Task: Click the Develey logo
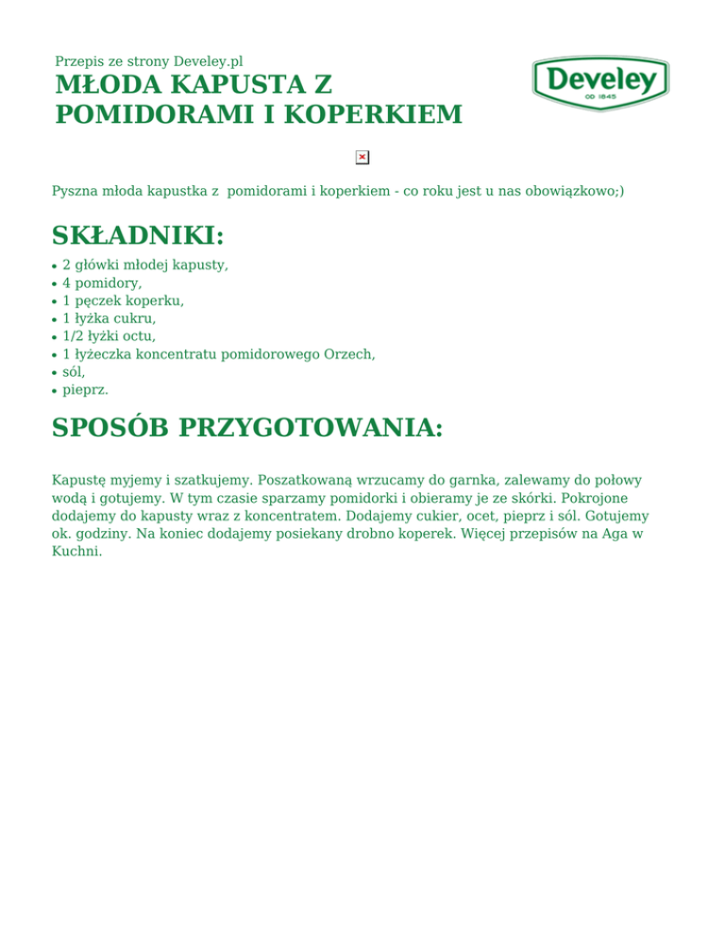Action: point(600,83)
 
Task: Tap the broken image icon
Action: point(362,157)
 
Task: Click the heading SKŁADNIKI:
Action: point(138,235)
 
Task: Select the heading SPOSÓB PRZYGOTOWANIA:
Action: point(247,428)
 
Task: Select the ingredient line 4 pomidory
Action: point(102,282)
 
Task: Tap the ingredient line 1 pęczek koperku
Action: point(123,300)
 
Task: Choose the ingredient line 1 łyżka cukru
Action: point(109,318)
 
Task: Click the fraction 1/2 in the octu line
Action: point(76,335)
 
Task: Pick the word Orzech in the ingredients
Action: point(348,353)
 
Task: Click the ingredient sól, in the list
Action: point(74,371)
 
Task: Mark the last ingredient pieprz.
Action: point(85,389)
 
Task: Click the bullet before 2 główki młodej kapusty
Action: point(55,265)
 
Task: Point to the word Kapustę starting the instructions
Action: point(81,481)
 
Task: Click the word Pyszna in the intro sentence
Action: point(74,191)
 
